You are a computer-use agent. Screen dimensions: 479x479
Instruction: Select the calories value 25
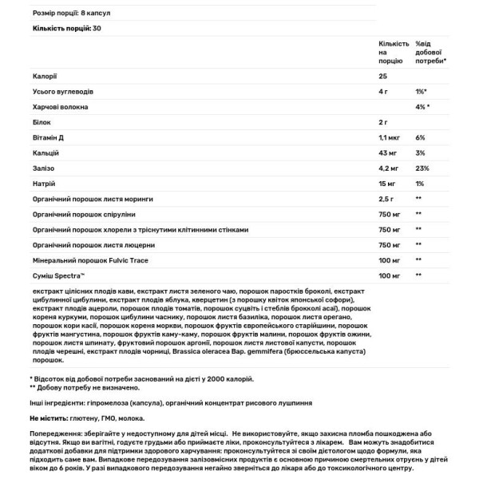[382, 76]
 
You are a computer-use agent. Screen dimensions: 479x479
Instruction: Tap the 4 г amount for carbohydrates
[383, 91]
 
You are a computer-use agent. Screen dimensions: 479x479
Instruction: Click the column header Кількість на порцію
[392, 51]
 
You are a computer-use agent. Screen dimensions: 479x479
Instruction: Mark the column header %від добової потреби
[430, 51]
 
